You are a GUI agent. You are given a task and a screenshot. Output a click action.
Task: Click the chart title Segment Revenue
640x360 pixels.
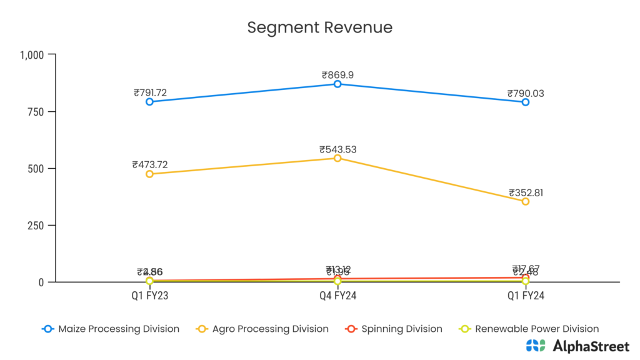[x=319, y=27]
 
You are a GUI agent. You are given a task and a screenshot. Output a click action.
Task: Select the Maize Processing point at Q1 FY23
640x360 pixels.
[x=150, y=102]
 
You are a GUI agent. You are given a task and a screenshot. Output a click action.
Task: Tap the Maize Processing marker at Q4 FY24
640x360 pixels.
[x=337, y=84]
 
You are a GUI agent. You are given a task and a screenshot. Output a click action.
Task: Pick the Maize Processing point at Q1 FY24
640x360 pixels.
[x=526, y=102]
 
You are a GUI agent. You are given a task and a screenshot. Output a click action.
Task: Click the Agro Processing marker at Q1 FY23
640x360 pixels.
[x=150, y=174]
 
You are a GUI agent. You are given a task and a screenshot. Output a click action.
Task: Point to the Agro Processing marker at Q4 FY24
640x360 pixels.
[x=337, y=158]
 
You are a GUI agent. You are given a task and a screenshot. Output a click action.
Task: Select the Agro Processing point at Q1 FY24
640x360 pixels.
[x=526, y=201]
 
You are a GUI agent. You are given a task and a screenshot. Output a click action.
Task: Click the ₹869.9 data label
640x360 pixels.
[x=337, y=75]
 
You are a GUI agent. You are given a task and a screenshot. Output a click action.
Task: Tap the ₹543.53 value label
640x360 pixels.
[x=337, y=149]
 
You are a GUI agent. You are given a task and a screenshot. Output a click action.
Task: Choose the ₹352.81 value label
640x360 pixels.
[x=526, y=192]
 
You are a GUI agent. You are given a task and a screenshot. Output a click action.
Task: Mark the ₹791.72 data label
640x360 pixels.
[x=150, y=93]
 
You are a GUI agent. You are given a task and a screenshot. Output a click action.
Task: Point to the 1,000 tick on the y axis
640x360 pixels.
[x=32, y=55]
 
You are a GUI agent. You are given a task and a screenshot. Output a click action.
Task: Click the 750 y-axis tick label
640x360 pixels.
[x=37, y=112]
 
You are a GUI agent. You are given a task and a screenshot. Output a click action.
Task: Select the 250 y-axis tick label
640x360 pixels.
[x=37, y=226]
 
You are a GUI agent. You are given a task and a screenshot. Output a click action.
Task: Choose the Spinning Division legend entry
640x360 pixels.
[x=394, y=329]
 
